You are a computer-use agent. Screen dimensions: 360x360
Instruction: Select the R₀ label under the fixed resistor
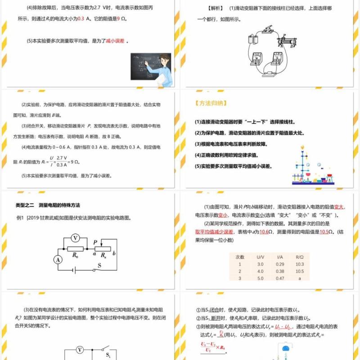75,254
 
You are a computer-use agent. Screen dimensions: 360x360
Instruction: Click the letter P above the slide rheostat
96,242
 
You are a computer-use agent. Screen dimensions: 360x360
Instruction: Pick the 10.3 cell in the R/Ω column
300,264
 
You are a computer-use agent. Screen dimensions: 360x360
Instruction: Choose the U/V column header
260,256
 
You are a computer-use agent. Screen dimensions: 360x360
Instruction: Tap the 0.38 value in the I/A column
279,271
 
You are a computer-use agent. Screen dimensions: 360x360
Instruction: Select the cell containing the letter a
300,279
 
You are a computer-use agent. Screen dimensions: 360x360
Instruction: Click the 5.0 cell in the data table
260,279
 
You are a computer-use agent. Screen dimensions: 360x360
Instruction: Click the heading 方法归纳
211,103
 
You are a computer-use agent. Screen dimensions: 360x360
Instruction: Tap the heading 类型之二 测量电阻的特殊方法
48,205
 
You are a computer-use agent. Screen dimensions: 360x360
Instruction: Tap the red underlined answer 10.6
264,232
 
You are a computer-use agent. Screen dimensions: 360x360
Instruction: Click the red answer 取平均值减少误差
214,232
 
